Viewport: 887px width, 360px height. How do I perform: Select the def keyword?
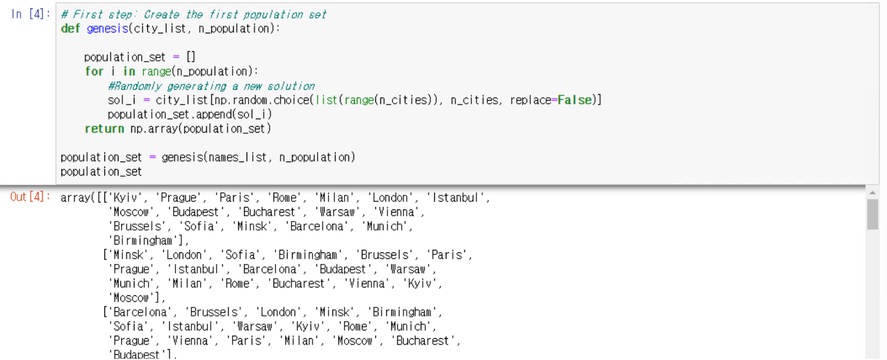click(x=70, y=29)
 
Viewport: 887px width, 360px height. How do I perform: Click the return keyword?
click(x=104, y=129)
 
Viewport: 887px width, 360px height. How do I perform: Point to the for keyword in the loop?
click(x=94, y=71)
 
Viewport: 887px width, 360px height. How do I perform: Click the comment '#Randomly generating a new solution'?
click(x=211, y=86)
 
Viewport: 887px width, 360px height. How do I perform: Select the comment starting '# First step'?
click(x=193, y=14)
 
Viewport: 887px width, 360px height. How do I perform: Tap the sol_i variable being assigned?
click(x=120, y=100)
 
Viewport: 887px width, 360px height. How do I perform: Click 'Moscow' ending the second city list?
click(x=131, y=298)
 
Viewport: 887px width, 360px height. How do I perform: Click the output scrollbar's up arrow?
click(x=872, y=192)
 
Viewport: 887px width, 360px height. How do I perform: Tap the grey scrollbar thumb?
click(x=872, y=214)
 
